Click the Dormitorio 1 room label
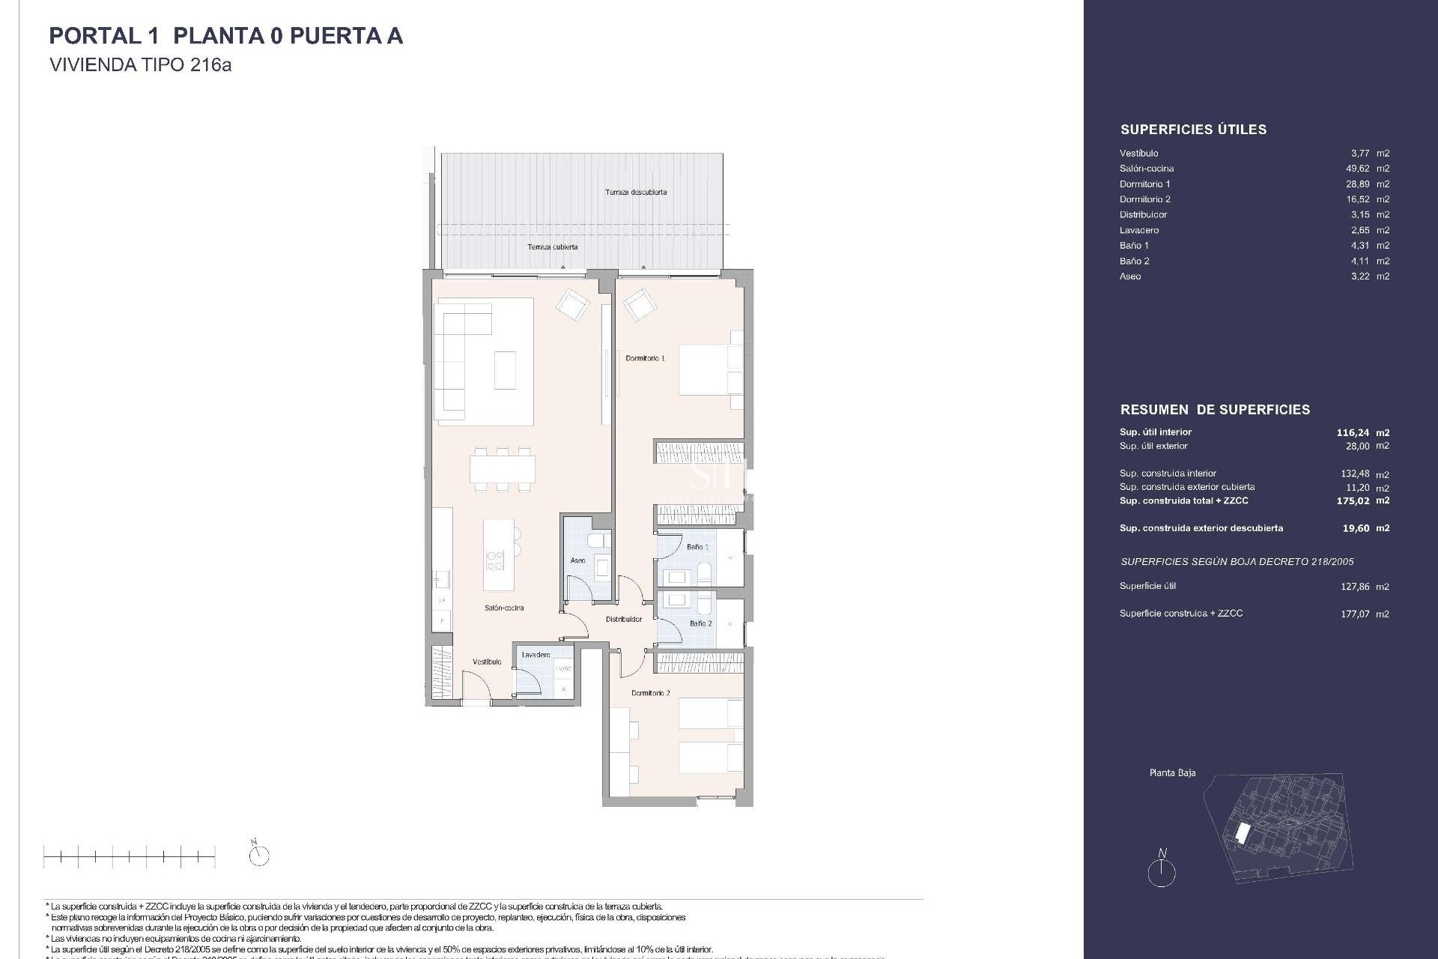coord(645,359)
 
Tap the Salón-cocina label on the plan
coord(504,608)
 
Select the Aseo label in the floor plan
coord(577,560)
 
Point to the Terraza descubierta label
coord(636,193)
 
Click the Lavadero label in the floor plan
coord(536,655)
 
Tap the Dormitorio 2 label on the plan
coord(650,693)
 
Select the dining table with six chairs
coord(503,469)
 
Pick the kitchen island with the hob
coord(498,555)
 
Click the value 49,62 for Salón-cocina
coord(1357,169)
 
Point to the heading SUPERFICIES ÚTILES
coord(1193,130)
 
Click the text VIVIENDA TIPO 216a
coord(140,65)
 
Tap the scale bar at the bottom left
coord(129,856)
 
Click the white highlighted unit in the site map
coord(1242,832)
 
